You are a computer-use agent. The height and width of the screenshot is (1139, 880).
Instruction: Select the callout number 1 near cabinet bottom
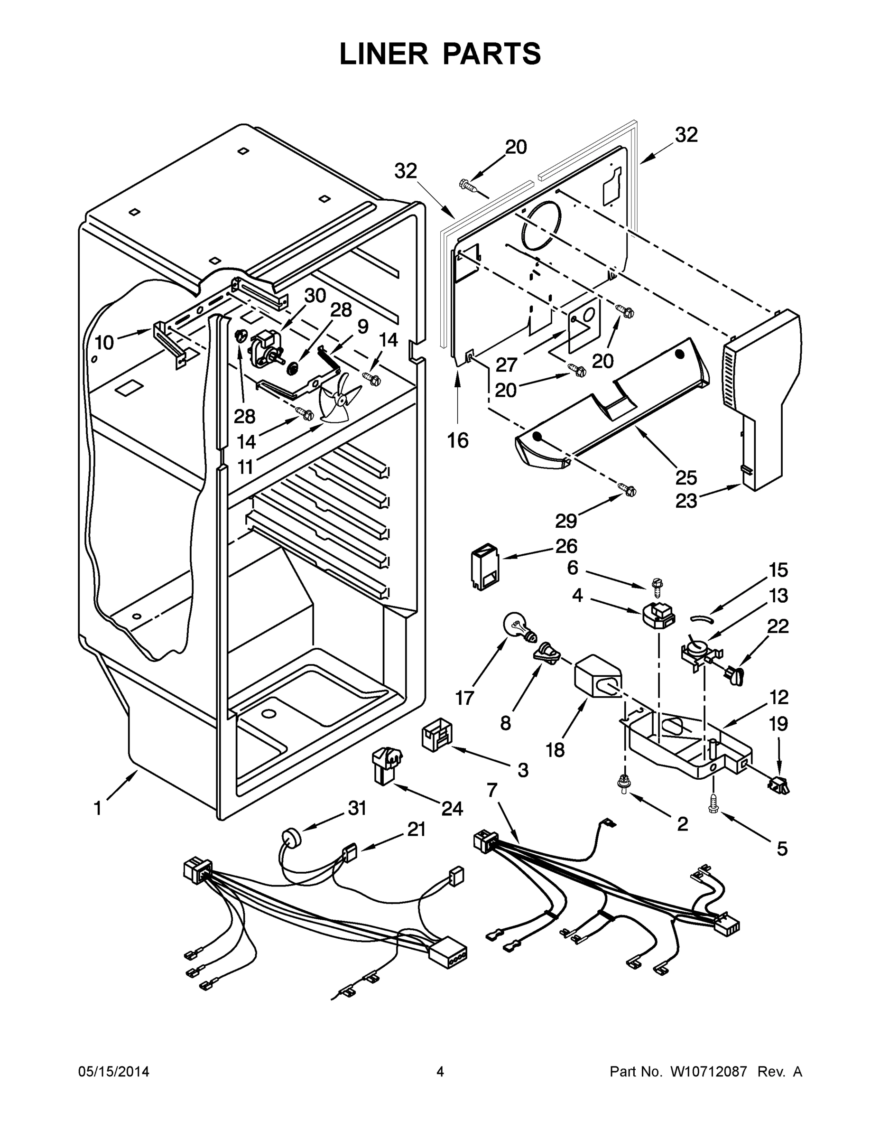[98, 808]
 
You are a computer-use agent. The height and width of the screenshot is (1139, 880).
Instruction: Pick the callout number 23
[686, 501]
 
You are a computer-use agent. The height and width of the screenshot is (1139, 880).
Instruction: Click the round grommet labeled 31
[291, 840]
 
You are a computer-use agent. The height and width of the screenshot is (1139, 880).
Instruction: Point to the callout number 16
[458, 441]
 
